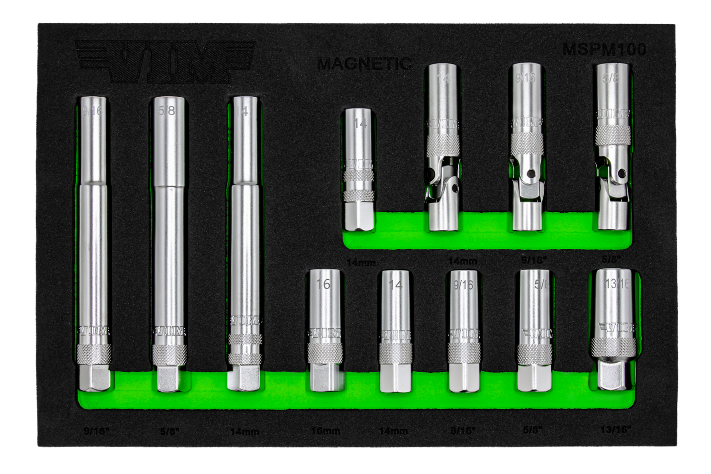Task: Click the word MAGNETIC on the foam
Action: [x=364, y=64]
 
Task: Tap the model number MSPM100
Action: [x=604, y=49]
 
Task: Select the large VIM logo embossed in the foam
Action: [x=166, y=61]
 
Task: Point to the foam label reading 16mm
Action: [x=326, y=431]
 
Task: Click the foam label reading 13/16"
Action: [x=616, y=429]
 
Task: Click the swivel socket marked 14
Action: [x=443, y=147]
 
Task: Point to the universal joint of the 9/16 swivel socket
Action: [x=526, y=171]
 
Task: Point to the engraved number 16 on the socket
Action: [x=323, y=284]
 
